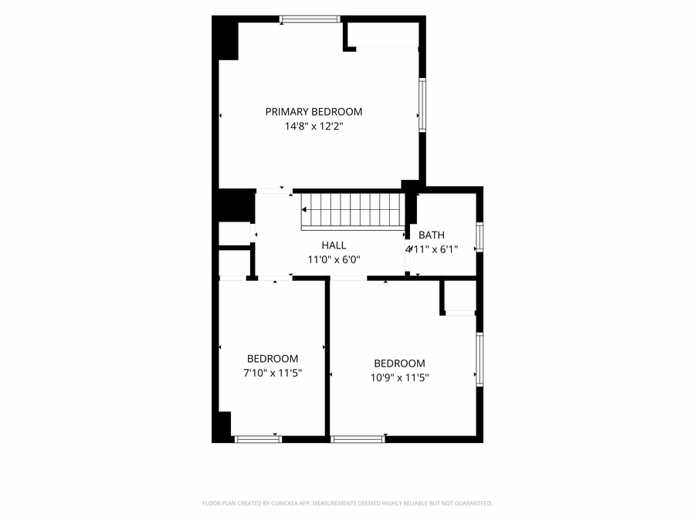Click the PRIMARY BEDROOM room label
pyautogui.click(x=314, y=112)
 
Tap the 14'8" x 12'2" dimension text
pyautogui.click(x=314, y=127)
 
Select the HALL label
pyautogui.click(x=334, y=245)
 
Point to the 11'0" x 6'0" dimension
pyautogui.click(x=334, y=259)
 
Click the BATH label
pyautogui.click(x=431, y=235)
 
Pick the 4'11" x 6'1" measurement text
pyautogui.click(x=431, y=249)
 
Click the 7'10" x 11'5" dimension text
pyautogui.click(x=273, y=373)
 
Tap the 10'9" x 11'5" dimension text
pyautogui.click(x=400, y=378)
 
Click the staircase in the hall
pyautogui.click(x=352, y=211)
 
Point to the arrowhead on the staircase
pyautogui.click(x=304, y=209)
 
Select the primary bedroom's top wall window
pyautogui.click(x=310, y=19)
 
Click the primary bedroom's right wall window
pyautogui.click(x=422, y=105)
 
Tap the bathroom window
pyautogui.click(x=480, y=238)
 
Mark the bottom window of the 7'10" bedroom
pyautogui.click(x=258, y=439)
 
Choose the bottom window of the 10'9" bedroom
pyautogui.click(x=358, y=439)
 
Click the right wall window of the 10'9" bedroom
pyautogui.click(x=480, y=359)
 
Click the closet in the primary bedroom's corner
pyautogui.click(x=383, y=35)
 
